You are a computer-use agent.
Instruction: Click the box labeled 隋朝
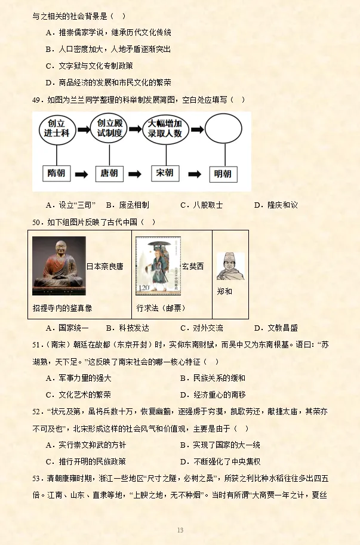[x=57, y=174]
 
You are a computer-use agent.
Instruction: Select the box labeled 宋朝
[x=164, y=173]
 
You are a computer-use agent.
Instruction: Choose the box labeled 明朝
[x=221, y=174]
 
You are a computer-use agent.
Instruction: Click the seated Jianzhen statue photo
[x=59, y=266]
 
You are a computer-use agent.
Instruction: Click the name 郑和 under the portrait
[x=224, y=291]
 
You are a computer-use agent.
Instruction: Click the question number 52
[x=38, y=412]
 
